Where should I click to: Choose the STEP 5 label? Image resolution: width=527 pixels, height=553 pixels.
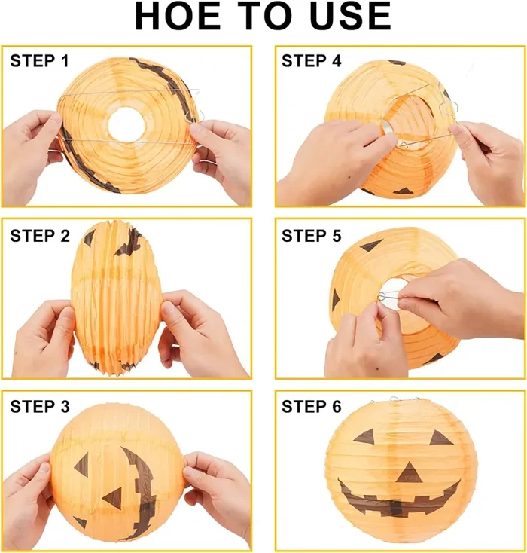click(x=311, y=236)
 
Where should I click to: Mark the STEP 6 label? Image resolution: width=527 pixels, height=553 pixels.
click(x=311, y=408)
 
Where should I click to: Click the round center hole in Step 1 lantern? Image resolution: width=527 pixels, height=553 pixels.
click(x=124, y=125)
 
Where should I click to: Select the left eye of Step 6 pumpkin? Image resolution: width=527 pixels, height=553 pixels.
click(x=365, y=436)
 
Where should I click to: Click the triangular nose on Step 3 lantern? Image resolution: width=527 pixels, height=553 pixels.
click(x=114, y=498)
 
